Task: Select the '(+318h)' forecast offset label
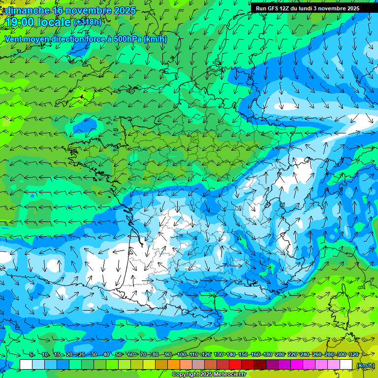tap(87, 22)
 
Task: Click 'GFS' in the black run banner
tap(275, 8)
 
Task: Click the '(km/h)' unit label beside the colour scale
tap(365, 365)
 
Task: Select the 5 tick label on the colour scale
tap(31, 355)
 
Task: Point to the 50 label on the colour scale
tap(119, 355)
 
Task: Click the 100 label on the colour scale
tap(181, 355)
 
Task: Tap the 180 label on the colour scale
tap(267, 355)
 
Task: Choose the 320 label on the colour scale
tap(353, 355)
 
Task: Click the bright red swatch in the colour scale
tap(235, 365)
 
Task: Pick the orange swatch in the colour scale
tap(174, 365)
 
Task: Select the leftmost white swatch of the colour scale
tap(26, 365)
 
